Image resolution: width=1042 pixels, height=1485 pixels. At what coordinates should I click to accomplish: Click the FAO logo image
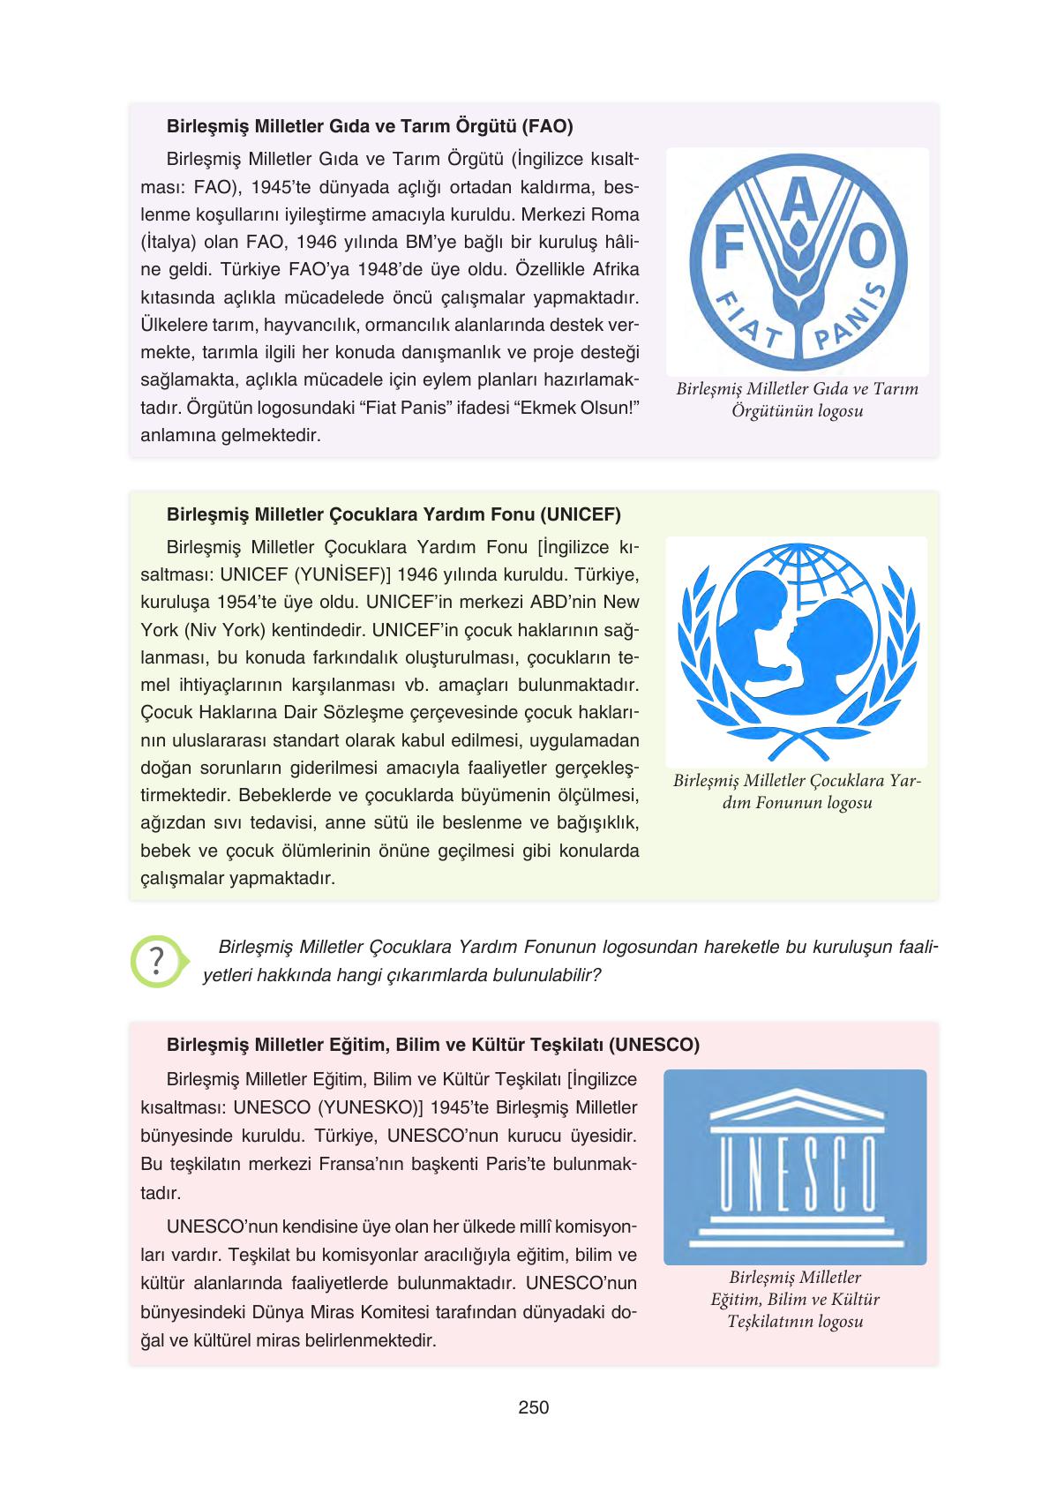click(x=797, y=262)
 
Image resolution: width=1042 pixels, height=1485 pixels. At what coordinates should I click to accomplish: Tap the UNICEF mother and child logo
click(x=796, y=651)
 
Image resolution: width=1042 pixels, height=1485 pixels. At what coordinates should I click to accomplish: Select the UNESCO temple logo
click(x=795, y=1166)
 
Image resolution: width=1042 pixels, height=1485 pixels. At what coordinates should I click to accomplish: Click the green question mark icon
click(x=157, y=960)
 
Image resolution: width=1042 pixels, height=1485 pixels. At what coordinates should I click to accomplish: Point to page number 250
click(x=534, y=1407)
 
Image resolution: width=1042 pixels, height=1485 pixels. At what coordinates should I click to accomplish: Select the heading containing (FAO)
click(x=370, y=126)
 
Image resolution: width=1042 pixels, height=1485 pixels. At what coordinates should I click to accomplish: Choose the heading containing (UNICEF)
click(x=394, y=514)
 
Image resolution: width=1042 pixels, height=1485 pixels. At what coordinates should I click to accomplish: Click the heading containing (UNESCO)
click(x=432, y=1045)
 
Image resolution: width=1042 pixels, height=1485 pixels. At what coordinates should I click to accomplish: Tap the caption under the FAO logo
click(x=797, y=400)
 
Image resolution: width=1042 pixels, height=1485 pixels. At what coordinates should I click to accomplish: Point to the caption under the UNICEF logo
click(x=797, y=791)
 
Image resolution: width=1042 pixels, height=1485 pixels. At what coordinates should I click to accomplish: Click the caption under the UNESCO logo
click(x=795, y=1299)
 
